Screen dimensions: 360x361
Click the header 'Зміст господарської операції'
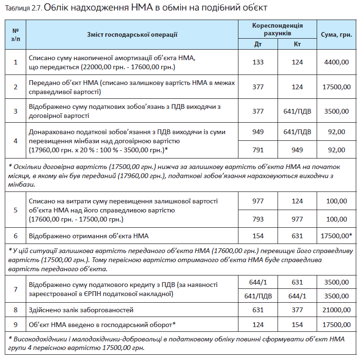(x=132, y=35)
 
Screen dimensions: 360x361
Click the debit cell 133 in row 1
(x=258, y=62)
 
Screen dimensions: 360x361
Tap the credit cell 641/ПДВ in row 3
(x=298, y=111)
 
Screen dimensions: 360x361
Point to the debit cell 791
(x=258, y=150)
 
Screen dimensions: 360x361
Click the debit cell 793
(x=258, y=219)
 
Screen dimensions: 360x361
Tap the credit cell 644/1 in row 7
(x=298, y=296)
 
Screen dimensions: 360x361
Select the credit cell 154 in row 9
(x=298, y=325)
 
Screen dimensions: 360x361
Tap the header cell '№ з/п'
(x=15, y=35)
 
